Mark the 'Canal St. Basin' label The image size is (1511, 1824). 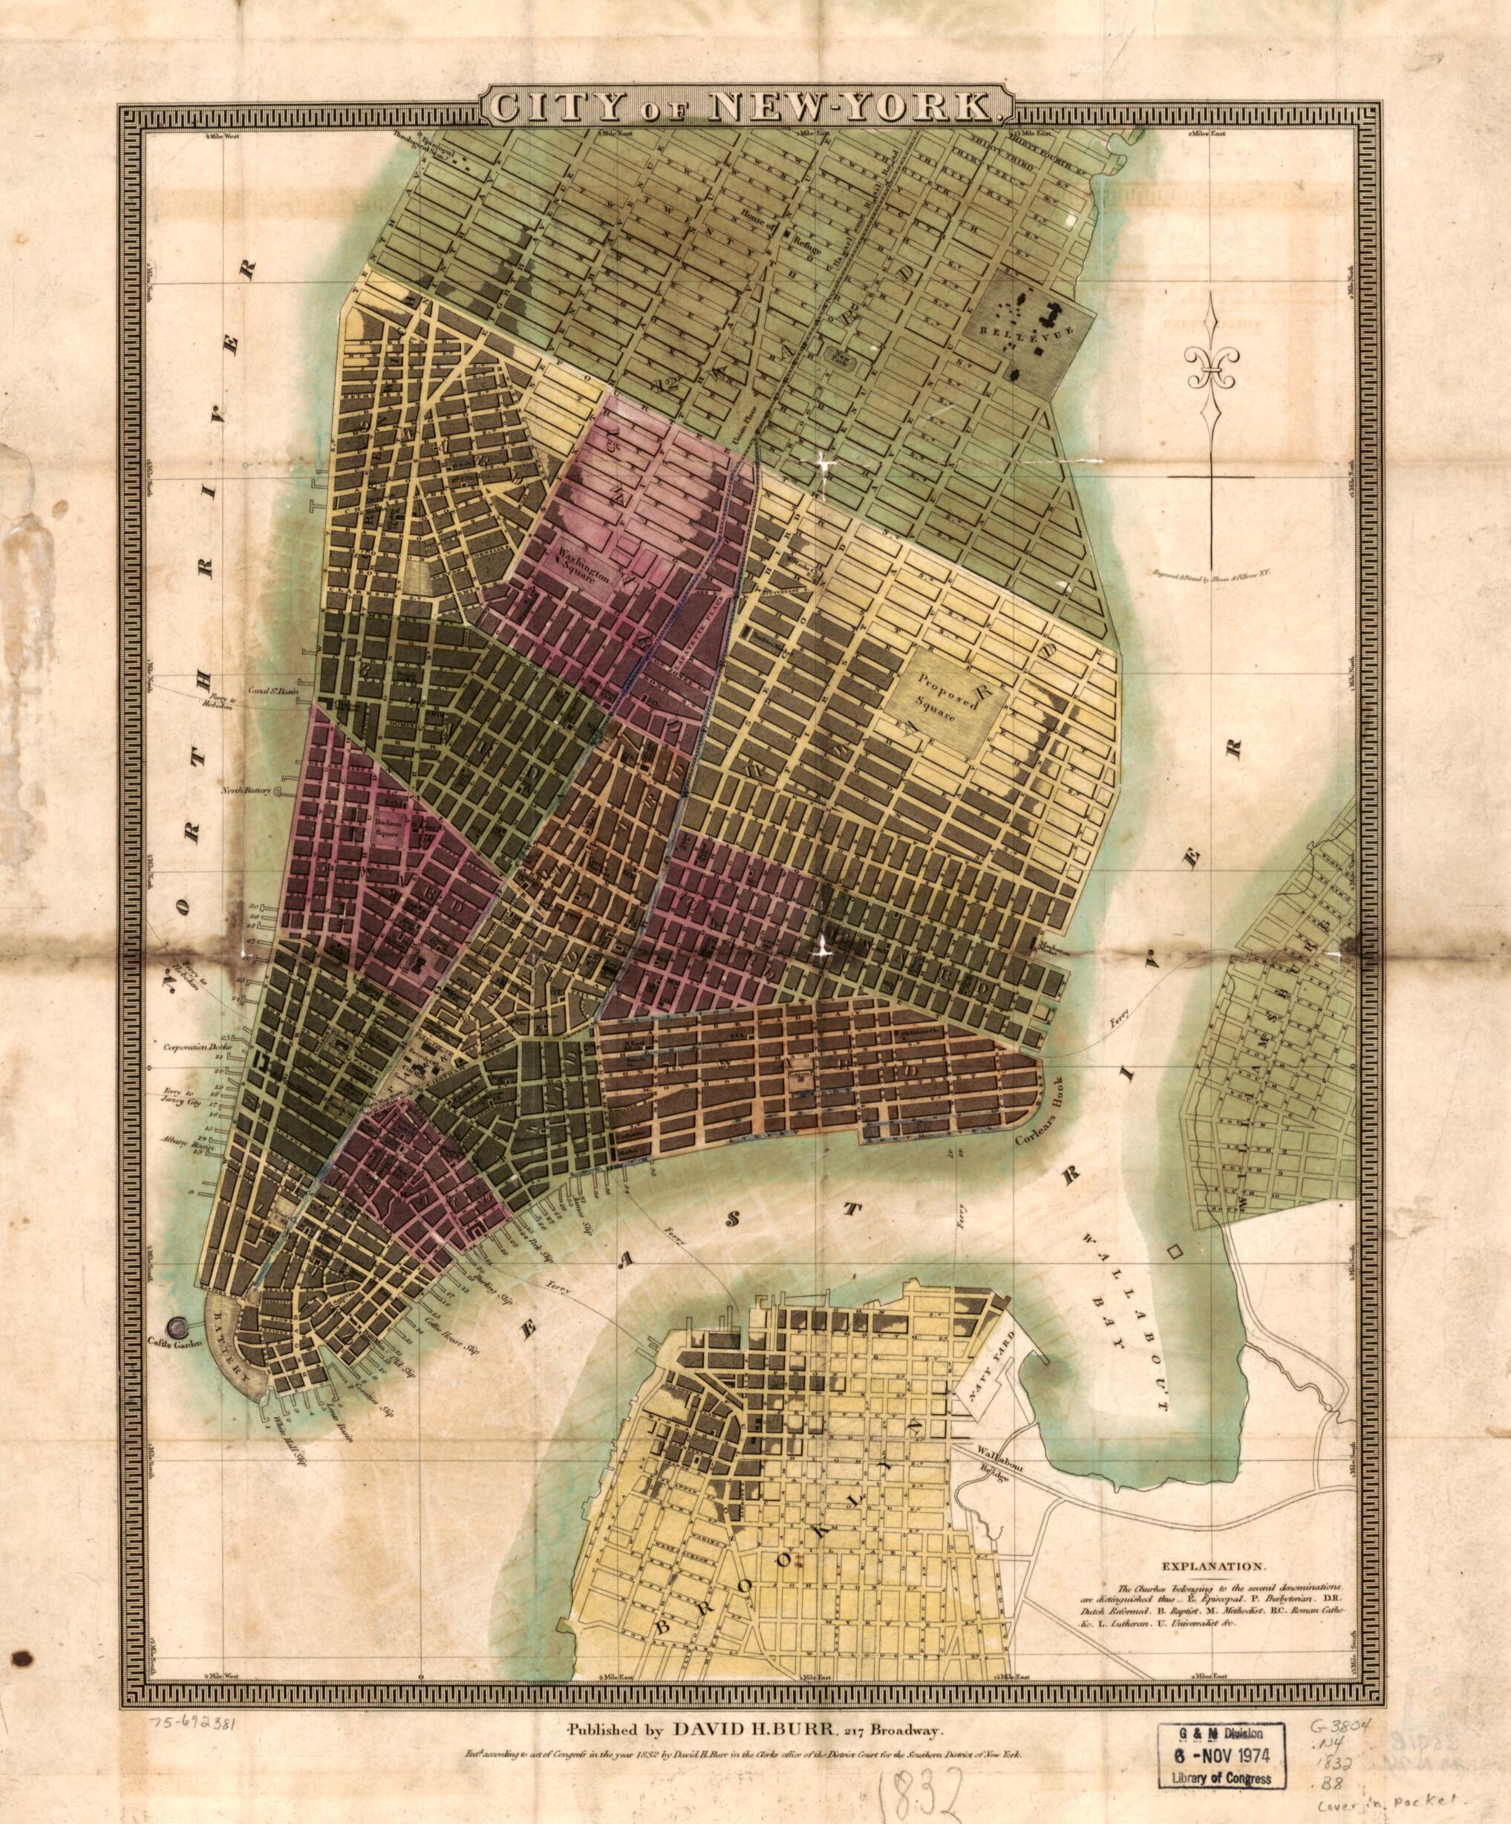(246, 691)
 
